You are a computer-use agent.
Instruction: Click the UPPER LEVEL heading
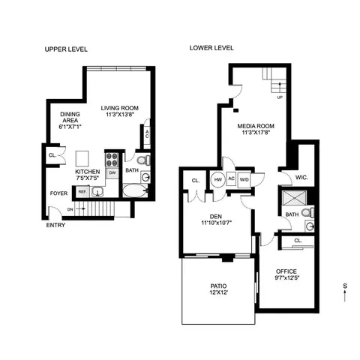(x=67, y=49)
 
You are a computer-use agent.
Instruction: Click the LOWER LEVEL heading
(x=211, y=49)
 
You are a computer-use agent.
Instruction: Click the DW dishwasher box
(x=112, y=172)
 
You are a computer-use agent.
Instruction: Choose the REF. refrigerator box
(x=82, y=192)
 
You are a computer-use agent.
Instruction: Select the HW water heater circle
(x=218, y=180)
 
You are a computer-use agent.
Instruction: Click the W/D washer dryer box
(x=244, y=180)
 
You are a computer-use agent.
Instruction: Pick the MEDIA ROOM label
(x=255, y=127)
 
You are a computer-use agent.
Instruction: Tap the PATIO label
(x=217, y=286)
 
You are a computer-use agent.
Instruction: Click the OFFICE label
(x=286, y=271)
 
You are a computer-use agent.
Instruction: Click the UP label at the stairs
(x=280, y=97)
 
